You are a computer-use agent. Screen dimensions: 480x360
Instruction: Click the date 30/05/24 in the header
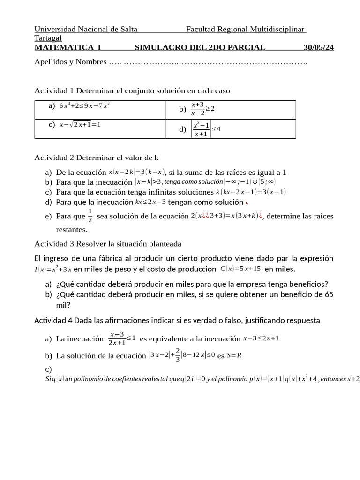click(x=319, y=47)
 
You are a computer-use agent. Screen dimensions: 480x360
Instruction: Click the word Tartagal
click(x=48, y=38)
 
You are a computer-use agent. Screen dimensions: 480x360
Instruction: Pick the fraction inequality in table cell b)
click(x=202, y=109)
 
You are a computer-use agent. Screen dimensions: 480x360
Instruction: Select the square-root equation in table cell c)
click(x=80, y=125)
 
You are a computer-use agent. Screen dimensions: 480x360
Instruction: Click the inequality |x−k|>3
click(x=148, y=182)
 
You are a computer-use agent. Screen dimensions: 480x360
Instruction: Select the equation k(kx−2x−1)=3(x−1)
click(x=250, y=192)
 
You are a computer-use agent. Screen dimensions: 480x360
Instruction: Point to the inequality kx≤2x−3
click(x=150, y=202)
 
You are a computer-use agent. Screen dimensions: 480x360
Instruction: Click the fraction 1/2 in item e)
click(x=90, y=216)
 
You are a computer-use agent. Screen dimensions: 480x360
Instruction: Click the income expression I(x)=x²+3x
click(x=53, y=269)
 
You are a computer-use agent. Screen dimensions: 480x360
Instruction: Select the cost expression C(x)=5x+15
click(x=240, y=269)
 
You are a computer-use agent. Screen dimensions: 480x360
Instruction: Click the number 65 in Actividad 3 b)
click(x=329, y=294)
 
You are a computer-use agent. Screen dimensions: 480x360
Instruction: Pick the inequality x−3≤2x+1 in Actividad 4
click(x=261, y=338)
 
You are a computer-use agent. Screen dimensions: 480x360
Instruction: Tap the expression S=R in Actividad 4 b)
click(x=234, y=355)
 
